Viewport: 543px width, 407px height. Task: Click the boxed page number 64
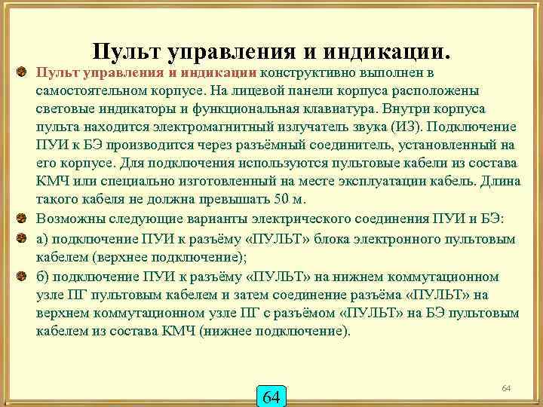(271, 396)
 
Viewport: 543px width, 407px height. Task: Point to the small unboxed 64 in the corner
(506, 387)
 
